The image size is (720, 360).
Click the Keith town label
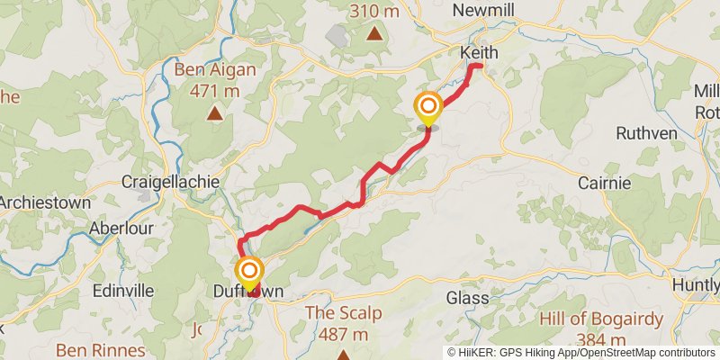click(x=479, y=53)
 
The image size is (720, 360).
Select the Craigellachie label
click(x=170, y=182)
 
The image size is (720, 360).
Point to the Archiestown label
click(x=45, y=202)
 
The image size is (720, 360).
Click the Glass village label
click(x=468, y=297)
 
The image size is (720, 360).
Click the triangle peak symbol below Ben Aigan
click(x=215, y=112)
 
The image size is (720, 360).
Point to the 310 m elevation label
click(x=374, y=12)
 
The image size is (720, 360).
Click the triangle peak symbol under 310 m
click(x=374, y=34)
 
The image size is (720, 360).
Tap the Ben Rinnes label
click(x=101, y=349)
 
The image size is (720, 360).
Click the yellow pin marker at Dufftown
click(x=249, y=272)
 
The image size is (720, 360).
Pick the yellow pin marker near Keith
click(x=427, y=108)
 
